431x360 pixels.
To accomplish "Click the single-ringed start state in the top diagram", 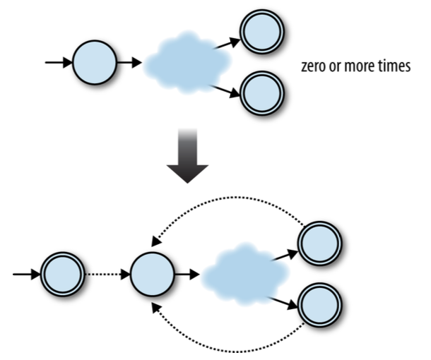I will click(x=95, y=63).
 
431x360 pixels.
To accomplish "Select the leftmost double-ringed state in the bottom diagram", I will click(x=63, y=272).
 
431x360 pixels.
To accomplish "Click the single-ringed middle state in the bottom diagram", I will click(x=151, y=272).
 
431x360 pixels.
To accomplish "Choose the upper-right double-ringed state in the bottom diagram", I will click(x=319, y=244).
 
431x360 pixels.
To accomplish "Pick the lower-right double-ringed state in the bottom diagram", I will click(x=319, y=303).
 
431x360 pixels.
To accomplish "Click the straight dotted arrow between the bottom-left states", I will click(x=106, y=272).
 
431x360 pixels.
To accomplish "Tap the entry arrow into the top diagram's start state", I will click(x=59, y=63).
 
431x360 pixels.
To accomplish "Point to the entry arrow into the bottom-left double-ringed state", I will click(x=27, y=272).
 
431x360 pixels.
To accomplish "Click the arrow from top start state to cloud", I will click(x=129, y=63).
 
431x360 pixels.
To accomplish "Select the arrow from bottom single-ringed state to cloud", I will click(x=185, y=272).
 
